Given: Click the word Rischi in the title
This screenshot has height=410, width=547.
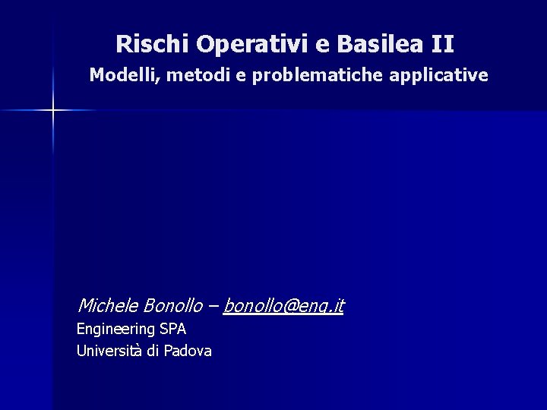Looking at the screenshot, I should click(x=153, y=44).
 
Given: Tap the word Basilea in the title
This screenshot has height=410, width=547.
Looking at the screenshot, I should click(x=381, y=44).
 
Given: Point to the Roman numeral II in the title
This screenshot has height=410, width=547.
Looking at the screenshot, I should click(x=442, y=44).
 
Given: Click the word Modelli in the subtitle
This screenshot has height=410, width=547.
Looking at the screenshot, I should click(x=120, y=76).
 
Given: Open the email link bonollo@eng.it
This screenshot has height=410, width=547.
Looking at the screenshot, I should click(x=284, y=306).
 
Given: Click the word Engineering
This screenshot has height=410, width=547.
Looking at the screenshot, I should click(x=115, y=330).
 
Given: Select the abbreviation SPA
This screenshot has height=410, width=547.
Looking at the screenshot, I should click(x=172, y=329).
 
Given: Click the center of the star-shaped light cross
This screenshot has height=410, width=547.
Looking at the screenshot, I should click(x=54, y=111).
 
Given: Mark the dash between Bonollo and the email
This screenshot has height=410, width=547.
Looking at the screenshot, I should click(x=213, y=306).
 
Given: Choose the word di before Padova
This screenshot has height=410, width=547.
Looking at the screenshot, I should click(x=153, y=351).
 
